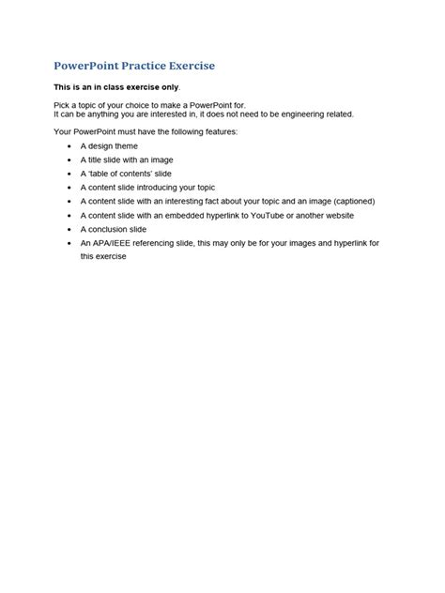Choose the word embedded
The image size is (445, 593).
coord(187,214)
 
